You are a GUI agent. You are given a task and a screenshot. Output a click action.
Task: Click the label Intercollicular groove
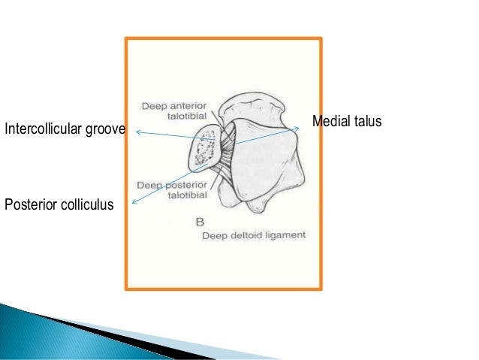pos(65,132)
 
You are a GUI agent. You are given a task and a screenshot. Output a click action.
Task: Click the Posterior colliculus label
pos(59,204)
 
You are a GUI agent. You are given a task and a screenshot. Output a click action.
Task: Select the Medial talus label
pos(346,121)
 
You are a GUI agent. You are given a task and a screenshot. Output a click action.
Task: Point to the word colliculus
pos(86,204)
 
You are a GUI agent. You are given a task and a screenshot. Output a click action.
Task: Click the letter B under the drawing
pos(199,222)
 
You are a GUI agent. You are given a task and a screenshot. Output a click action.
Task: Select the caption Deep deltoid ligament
pos(254,236)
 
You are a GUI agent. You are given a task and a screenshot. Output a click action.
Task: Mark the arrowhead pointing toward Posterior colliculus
pos(134,201)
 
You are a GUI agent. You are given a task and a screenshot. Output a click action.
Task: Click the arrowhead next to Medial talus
pos(297,128)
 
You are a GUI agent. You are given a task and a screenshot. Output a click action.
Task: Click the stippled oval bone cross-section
pos(202,149)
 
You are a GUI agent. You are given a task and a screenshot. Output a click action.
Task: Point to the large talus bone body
pos(263,158)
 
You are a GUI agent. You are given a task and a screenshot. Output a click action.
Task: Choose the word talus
pos(367,121)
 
